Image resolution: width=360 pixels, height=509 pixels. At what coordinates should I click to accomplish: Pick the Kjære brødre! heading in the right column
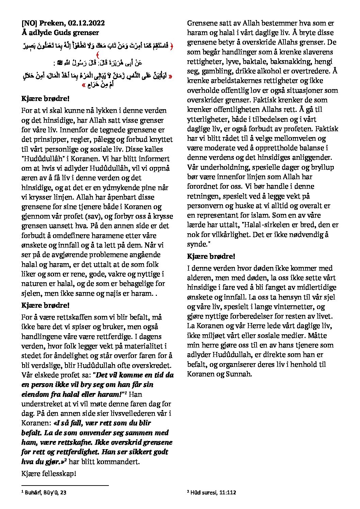[x=211, y=256]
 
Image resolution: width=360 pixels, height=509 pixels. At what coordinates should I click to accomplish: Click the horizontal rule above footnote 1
[x=65, y=486]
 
